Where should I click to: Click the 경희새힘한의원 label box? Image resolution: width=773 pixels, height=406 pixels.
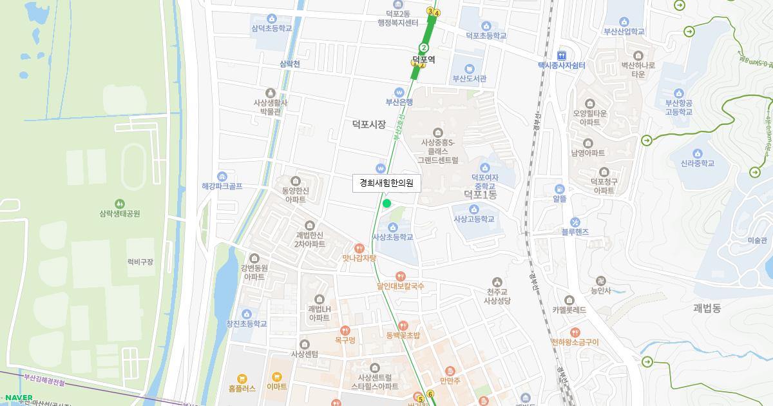(x=386, y=183)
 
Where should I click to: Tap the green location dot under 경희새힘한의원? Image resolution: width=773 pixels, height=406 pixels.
(x=386, y=204)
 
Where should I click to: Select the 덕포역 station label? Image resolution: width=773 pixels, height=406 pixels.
(x=423, y=59)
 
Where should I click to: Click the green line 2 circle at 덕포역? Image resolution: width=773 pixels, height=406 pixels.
(x=423, y=47)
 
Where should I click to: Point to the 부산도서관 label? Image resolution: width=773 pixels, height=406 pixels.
(x=470, y=79)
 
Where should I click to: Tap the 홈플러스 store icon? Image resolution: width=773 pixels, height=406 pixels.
(x=242, y=378)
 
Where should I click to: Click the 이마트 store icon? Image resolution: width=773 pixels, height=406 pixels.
(x=277, y=377)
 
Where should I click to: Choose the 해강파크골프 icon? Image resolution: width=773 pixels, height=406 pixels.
(x=222, y=177)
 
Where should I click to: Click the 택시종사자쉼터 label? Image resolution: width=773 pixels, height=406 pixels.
(x=561, y=65)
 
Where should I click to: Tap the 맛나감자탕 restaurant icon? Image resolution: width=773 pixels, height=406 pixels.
(x=359, y=248)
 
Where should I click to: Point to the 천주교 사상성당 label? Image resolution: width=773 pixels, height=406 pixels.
(x=497, y=296)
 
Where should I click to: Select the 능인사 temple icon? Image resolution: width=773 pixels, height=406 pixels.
(x=600, y=281)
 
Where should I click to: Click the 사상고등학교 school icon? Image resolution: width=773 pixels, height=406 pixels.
(x=473, y=209)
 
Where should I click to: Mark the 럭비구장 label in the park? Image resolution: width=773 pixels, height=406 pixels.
(x=140, y=262)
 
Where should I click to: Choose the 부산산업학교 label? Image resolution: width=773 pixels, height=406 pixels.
(x=624, y=31)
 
